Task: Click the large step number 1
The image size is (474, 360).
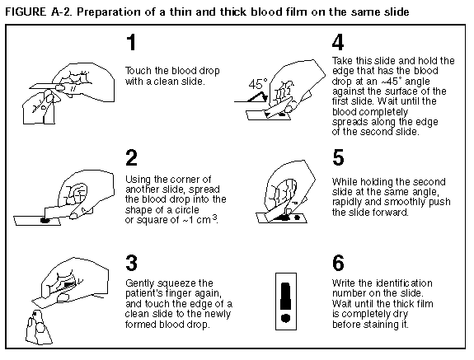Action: click(132, 42)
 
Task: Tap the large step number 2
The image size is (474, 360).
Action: click(131, 157)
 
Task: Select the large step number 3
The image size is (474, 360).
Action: click(131, 263)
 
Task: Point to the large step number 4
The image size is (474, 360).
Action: click(338, 42)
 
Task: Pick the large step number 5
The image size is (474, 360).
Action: click(338, 157)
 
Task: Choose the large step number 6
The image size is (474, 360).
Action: click(338, 263)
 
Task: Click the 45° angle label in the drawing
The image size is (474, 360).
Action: click(258, 84)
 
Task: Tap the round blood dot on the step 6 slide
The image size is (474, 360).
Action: click(286, 318)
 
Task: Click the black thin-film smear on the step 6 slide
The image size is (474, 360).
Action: click(286, 297)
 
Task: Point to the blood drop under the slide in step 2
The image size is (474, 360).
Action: click(45, 220)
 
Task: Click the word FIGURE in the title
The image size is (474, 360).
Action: click(26, 12)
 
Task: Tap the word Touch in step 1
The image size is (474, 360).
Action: click(138, 71)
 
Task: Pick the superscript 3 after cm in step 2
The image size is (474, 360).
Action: click(214, 217)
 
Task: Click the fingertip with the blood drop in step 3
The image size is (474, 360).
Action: click(36, 315)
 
